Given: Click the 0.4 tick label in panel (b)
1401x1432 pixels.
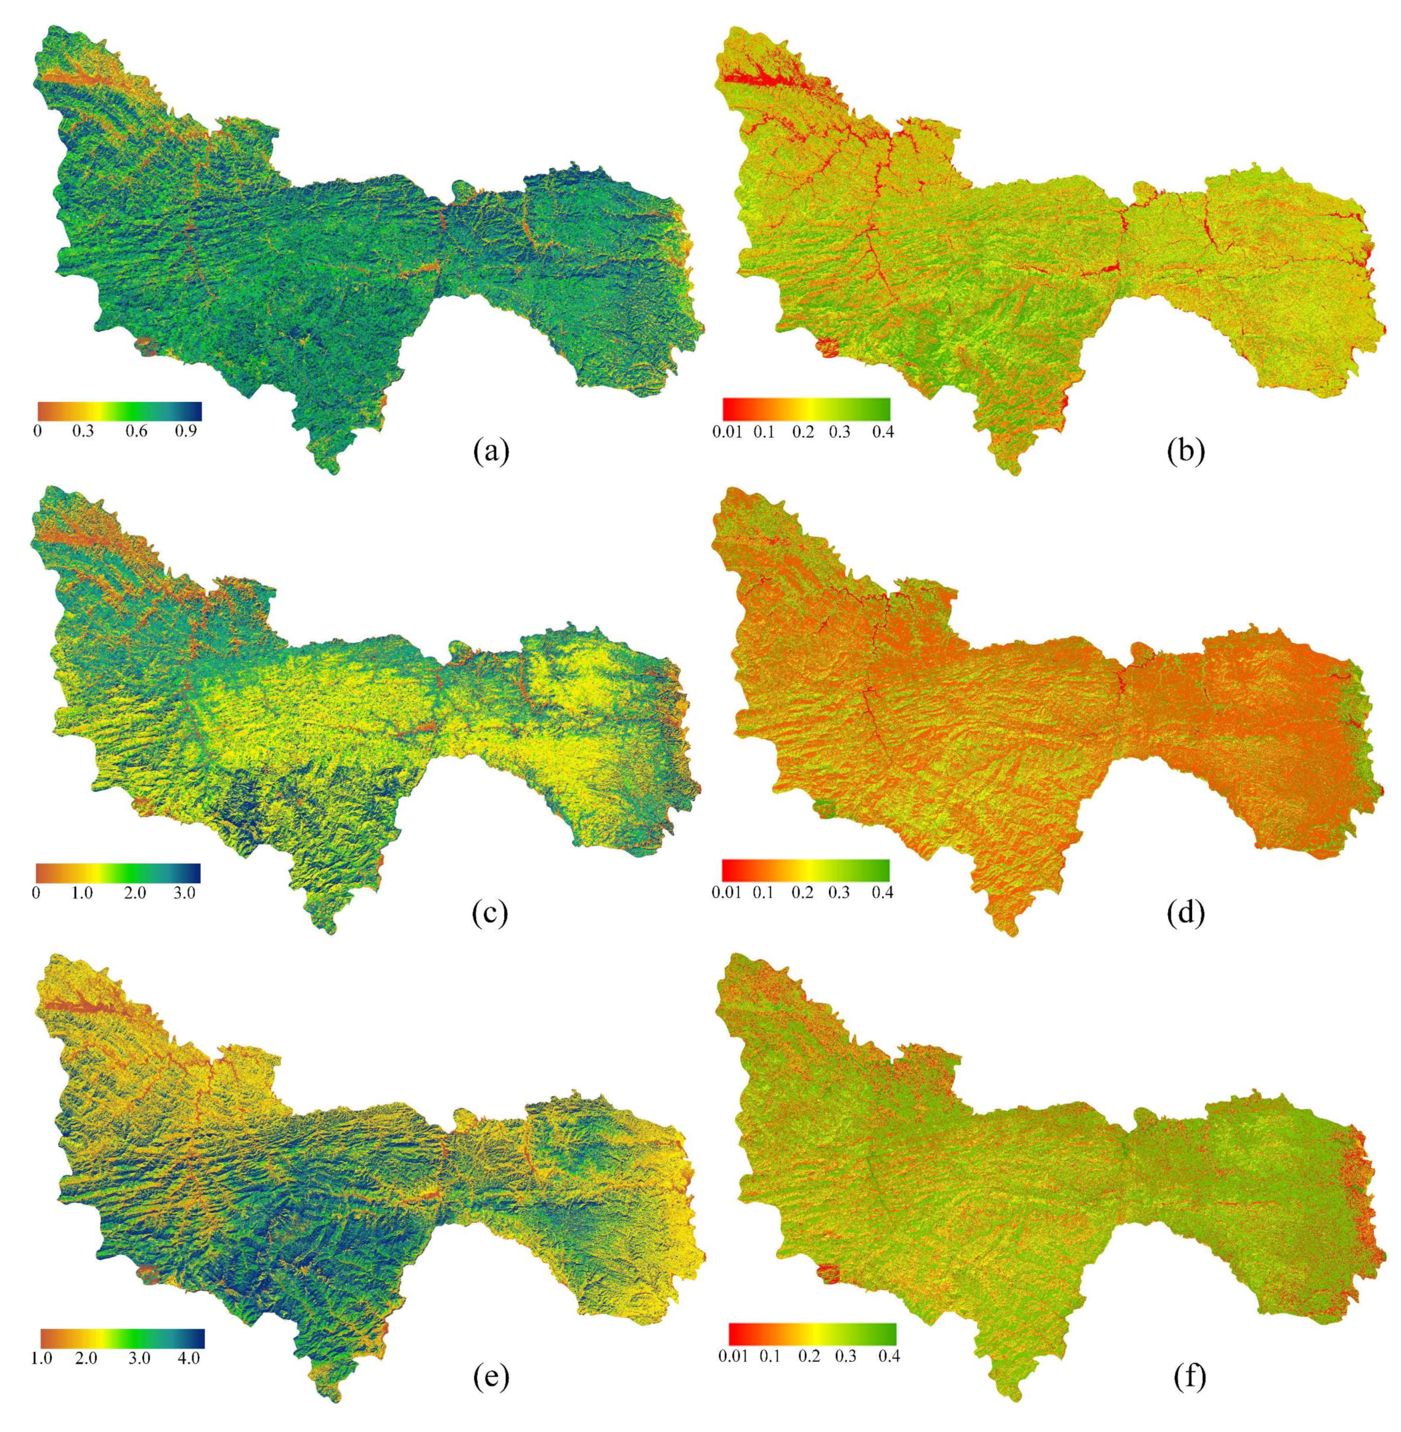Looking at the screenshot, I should tap(882, 432).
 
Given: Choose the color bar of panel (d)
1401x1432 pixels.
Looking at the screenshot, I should tap(806, 870).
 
